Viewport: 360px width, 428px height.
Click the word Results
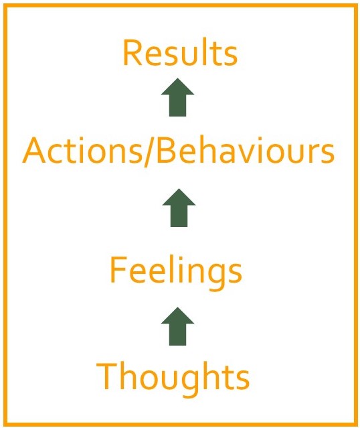(x=180, y=53)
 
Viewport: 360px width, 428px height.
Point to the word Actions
(x=82, y=151)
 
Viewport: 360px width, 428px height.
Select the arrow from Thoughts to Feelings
(x=177, y=326)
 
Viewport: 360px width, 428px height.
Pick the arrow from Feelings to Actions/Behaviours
(x=179, y=208)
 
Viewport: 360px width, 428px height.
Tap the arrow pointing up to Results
(x=177, y=97)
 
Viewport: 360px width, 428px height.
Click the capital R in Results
(x=132, y=53)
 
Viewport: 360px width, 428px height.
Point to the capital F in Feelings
(x=119, y=270)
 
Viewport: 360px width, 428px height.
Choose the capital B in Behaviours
(x=166, y=151)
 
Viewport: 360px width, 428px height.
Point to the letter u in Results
(x=188, y=57)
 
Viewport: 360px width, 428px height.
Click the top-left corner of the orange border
(x=5, y=5)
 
